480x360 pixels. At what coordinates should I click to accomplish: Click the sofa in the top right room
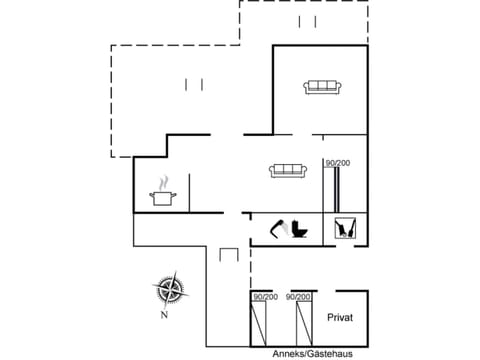[322, 87]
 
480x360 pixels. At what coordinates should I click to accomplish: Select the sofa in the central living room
[288, 171]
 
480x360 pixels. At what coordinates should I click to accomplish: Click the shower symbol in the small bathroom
[345, 228]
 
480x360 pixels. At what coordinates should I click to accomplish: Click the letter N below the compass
[164, 315]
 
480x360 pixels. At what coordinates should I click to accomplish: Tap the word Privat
[340, 317]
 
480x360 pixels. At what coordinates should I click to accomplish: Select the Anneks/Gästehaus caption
[312, 354]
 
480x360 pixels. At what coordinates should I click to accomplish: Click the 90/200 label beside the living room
[337, 163]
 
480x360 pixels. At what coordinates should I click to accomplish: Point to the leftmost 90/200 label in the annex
[266, 297]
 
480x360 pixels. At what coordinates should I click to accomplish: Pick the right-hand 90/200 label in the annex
[299, 297]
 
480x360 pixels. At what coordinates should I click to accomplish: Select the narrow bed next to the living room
[337, 190]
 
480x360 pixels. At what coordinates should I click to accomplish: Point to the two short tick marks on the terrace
[194, 85]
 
